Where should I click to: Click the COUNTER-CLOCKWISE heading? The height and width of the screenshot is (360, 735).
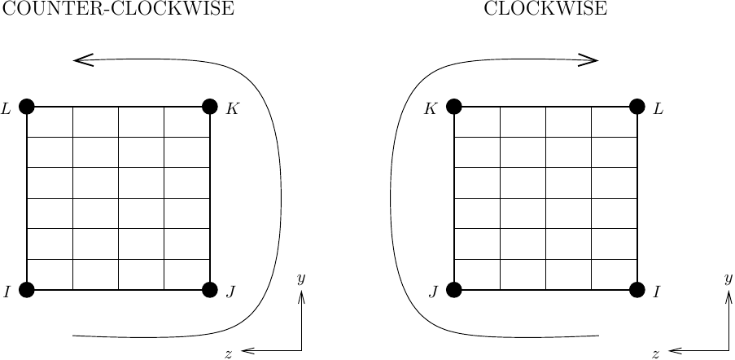click(119, 10)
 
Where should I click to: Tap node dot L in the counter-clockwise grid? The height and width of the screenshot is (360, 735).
click(27, 106)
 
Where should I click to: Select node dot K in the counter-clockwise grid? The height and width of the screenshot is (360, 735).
click(210, 106)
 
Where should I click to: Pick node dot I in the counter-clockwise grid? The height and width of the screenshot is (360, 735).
click(27, 289)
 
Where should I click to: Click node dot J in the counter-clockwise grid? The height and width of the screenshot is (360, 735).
click(210, 289)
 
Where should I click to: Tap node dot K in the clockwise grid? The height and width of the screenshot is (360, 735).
click(454, 106)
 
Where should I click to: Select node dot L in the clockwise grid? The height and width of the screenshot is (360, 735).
click(637, 106)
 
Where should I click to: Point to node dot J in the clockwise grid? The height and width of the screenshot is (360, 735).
click(454, 289)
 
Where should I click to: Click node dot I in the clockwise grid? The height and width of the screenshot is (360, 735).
click(637, 289)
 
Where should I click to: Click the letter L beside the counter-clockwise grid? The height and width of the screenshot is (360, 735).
click(7, 108)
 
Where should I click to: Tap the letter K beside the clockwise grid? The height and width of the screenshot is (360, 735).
click(431, 108)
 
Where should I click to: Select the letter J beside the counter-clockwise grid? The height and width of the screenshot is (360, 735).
click(230, 292)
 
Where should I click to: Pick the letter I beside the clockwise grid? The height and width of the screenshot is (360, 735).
click(656, 292)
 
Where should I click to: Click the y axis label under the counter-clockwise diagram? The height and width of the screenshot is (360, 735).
click(301, 279)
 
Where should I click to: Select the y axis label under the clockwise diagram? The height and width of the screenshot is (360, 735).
click(728, 279)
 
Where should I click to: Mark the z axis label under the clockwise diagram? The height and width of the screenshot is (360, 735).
click(655, 353)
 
